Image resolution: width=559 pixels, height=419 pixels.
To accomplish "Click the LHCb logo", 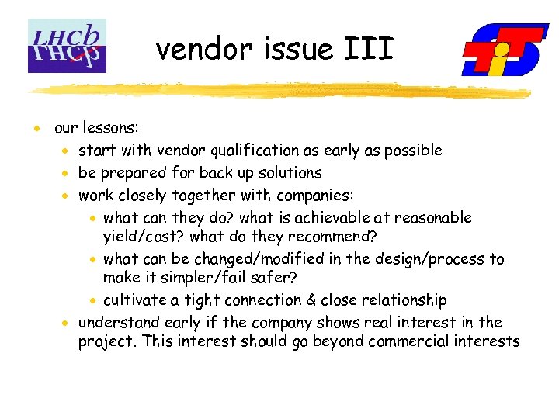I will pos(67,46).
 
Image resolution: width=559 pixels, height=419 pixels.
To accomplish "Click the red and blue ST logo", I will pos(505,50).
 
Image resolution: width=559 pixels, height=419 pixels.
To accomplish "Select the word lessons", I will pos(109,127).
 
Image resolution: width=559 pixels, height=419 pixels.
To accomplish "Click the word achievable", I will pos(336,217).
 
